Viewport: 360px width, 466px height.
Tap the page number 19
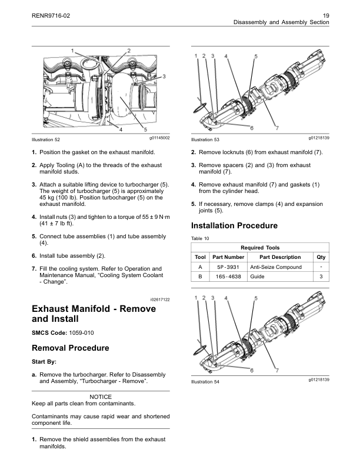tap(326, 14)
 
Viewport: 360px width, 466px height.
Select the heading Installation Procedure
tap(234, 226)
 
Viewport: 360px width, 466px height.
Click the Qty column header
tap(321, 257)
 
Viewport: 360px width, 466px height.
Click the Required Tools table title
tap(260, 248)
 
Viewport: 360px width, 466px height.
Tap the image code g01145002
tap(156, 137)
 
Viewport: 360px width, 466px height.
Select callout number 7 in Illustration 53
tap(276, 129)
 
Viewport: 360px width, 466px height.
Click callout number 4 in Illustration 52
tap(121, 129)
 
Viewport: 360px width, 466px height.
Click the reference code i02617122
tap(156, 300)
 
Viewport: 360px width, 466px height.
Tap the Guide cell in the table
tap(257, 276)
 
